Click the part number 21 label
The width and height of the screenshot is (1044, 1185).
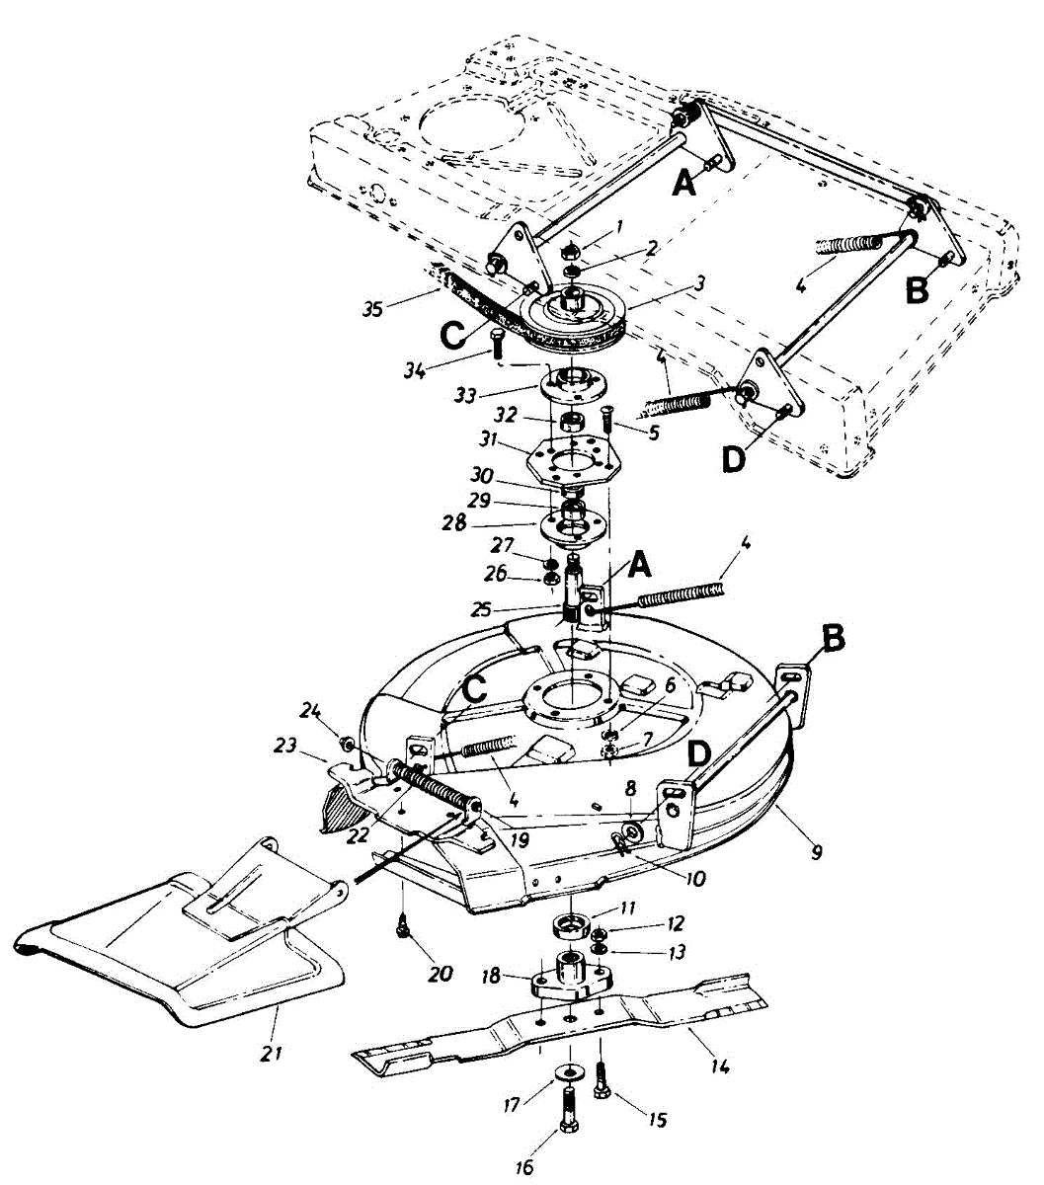pos(272,1053)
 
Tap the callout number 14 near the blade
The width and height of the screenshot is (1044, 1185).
pos(720,1066)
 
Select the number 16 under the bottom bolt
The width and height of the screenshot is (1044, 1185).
pos(523,1167)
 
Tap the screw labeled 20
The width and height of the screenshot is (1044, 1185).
pos(403,925)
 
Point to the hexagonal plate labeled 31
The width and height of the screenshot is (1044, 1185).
pos(573,458)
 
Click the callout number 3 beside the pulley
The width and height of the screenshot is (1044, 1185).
pos(699,282)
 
